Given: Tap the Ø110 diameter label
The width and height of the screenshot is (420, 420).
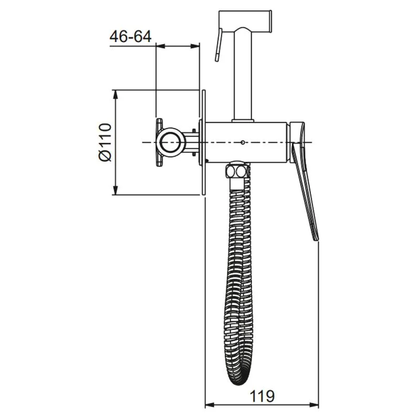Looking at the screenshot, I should [x=105, y=142].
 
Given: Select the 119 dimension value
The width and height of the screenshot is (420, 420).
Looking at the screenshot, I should [x=262, y=396].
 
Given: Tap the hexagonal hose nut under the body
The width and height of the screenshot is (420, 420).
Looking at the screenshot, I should [x=237, y=171].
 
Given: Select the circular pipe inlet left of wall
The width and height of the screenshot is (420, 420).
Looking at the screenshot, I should [x=171, y=142].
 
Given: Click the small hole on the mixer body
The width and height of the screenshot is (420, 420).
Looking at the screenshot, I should [x=243, y=142].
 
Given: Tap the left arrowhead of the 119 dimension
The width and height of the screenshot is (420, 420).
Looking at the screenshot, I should [x=209, y=405].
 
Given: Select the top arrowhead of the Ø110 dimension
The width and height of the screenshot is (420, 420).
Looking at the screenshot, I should [x=115, y=94].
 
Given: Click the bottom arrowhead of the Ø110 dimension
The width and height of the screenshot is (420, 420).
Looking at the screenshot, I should [x=115, y=190].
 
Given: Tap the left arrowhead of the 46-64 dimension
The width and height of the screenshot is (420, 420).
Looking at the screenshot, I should [x=161, y=46].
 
